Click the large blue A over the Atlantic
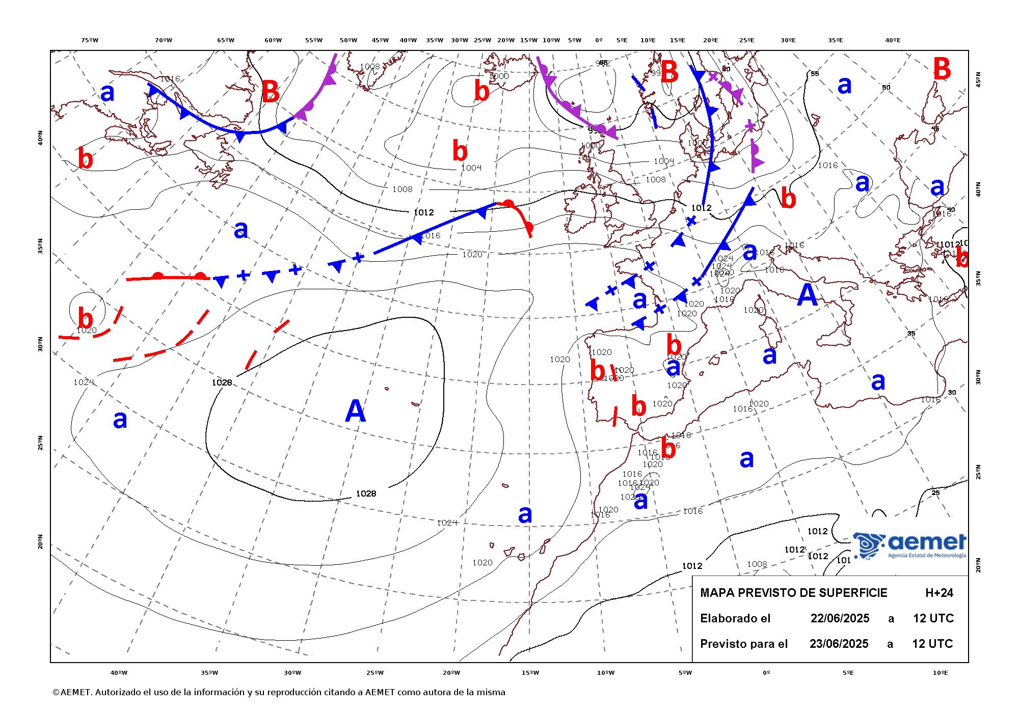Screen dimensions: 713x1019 (355, 411)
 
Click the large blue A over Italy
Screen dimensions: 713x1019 (807, 295)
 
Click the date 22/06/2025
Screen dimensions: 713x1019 (840, 618)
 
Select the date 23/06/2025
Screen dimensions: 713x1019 (839, 644)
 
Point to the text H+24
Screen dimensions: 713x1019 (939, 593)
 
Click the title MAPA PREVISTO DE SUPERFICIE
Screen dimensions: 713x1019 (793, 593)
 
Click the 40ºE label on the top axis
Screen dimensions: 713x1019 (892, 40)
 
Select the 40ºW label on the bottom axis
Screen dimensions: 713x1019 (119, 673)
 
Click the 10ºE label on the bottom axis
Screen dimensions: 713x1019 (941, 673)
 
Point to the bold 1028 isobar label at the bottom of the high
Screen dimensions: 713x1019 (366, 493)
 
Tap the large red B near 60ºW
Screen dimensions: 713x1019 (270, 93)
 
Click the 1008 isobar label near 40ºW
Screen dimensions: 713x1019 (402, 189)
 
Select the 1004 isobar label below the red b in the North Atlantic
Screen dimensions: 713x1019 (471, 168)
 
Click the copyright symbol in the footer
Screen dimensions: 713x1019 (56, 692)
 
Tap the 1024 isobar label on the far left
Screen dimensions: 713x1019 (84, 382)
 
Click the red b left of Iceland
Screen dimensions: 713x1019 (481, 91)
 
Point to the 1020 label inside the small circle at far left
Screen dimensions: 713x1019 (87, 330)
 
